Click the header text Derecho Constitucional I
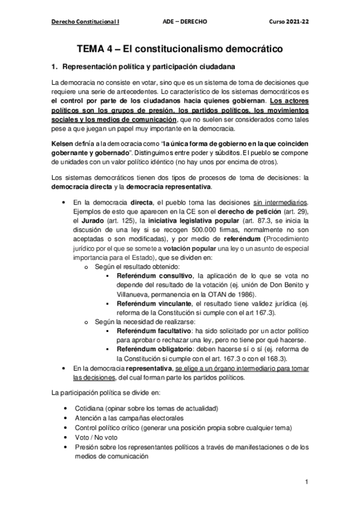[x=85, y=21]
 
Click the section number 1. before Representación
[x=57, y=66]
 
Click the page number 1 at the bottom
[x=306, y=482]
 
